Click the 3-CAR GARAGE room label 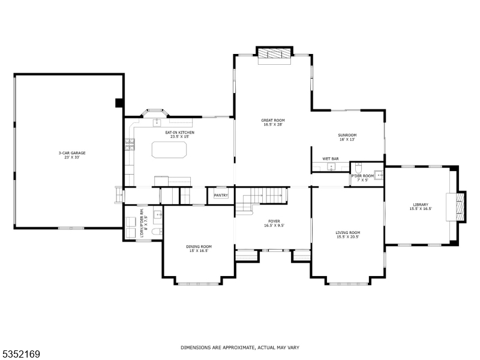coord(72,155)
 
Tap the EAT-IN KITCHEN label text coord(179,134)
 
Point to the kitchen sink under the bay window coord(157,122)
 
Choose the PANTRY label coord(220,195)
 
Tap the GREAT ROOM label coord(272,122)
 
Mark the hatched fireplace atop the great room coord(274,55)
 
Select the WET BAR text coord(331,158)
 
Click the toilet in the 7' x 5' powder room coord(358,166)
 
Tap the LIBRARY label coord(420,206)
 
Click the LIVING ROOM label coord(347,235)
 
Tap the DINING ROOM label coord(198,248)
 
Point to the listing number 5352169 coord(21,355)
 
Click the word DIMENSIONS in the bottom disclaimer coord(196,347)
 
